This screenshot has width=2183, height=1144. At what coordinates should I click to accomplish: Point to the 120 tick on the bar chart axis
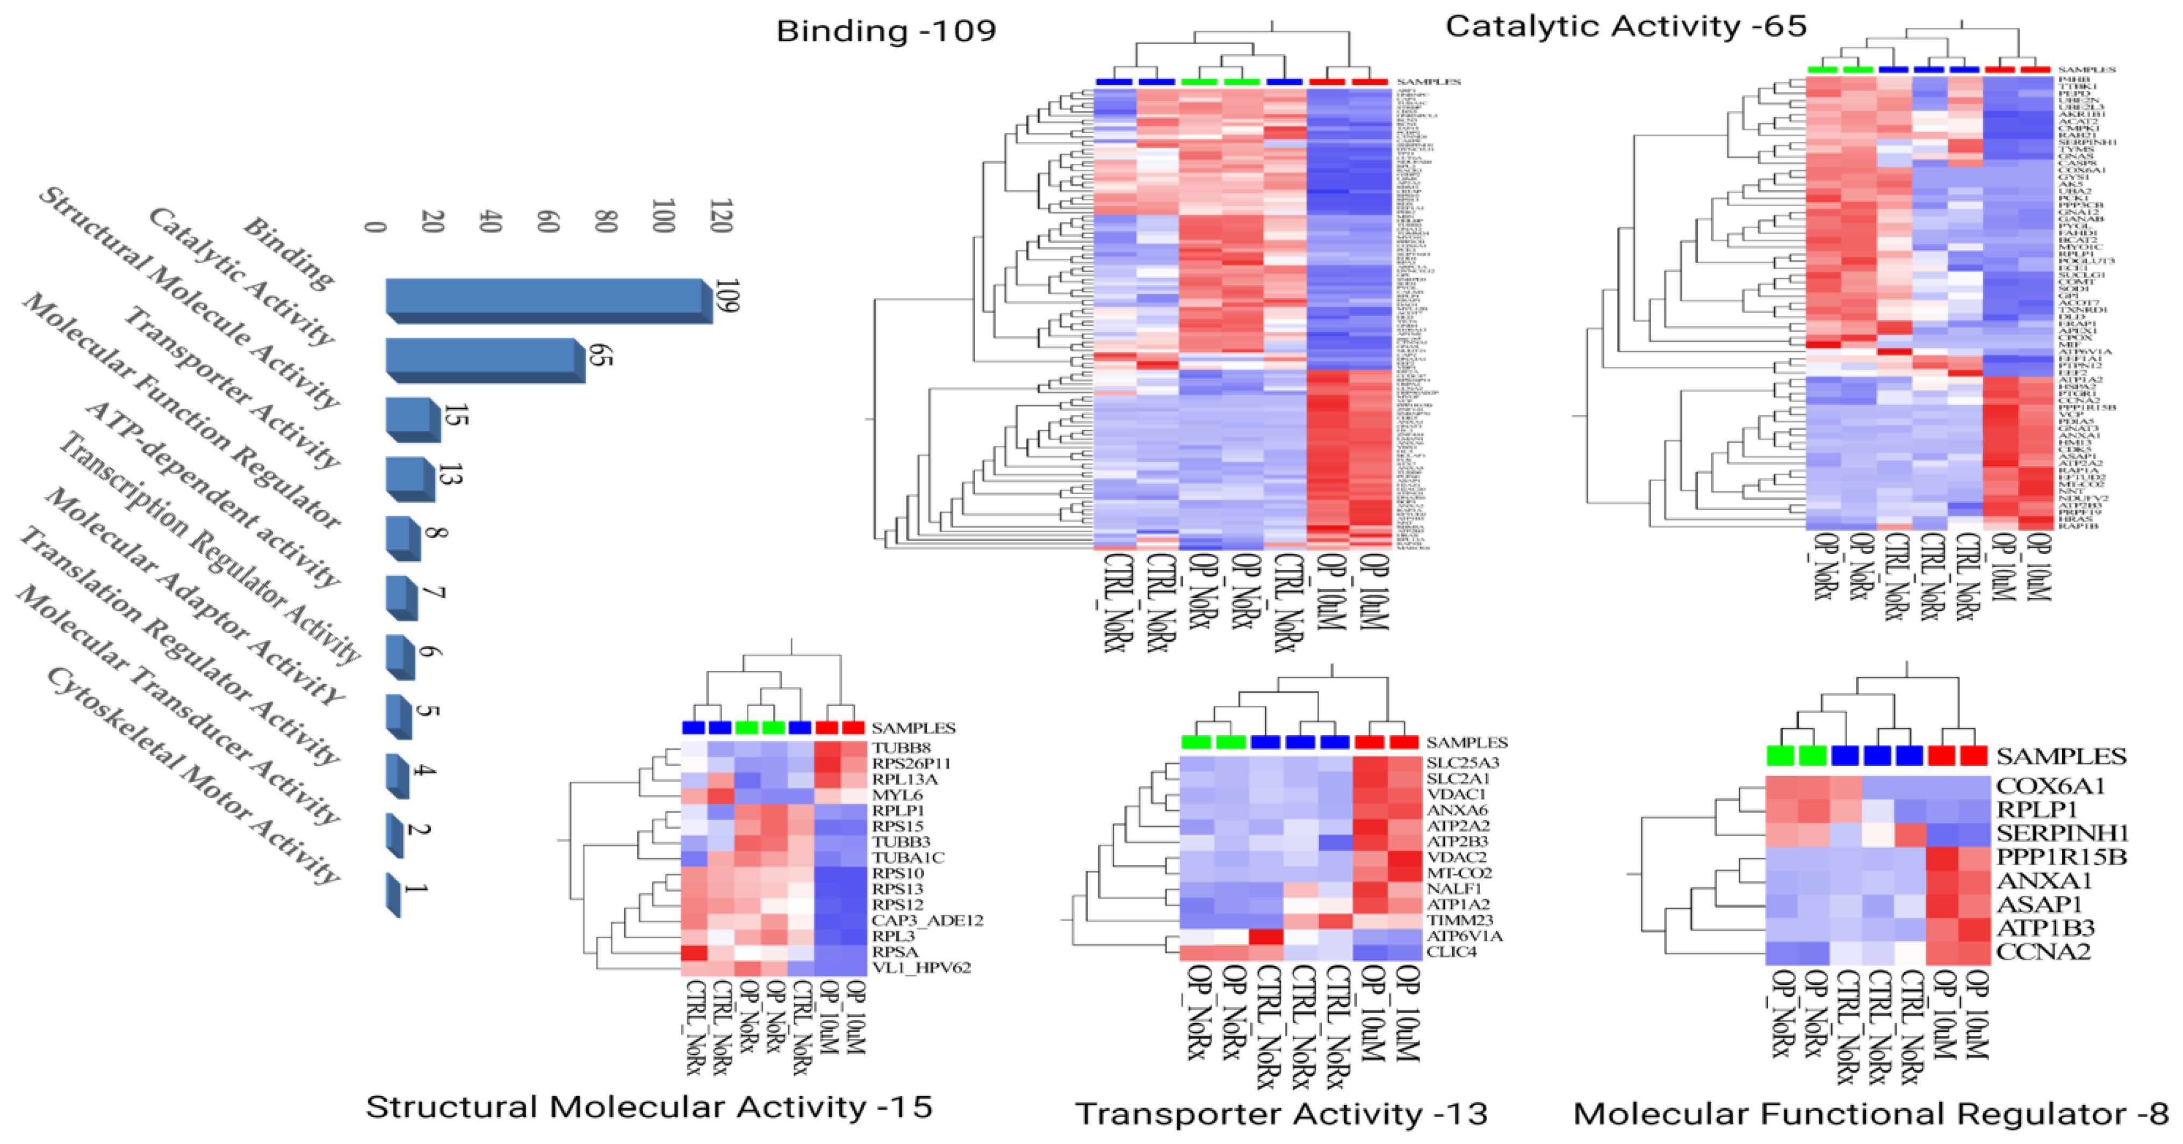pos(721,216)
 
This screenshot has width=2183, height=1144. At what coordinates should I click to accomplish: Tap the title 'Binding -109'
pos(885,31)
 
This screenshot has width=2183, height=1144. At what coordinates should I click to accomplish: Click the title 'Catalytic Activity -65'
pos(1625,26)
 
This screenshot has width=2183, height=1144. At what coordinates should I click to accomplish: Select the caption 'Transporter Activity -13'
pos(1281,1113)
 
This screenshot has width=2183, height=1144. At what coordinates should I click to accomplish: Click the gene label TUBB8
pos(901,748)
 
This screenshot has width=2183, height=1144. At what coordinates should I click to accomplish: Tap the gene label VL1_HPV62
pos(921,967)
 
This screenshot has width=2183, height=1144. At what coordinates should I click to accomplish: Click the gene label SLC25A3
pos(1462,762)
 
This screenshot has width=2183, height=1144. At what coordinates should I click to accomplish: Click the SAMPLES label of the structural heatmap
pos(913,728)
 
